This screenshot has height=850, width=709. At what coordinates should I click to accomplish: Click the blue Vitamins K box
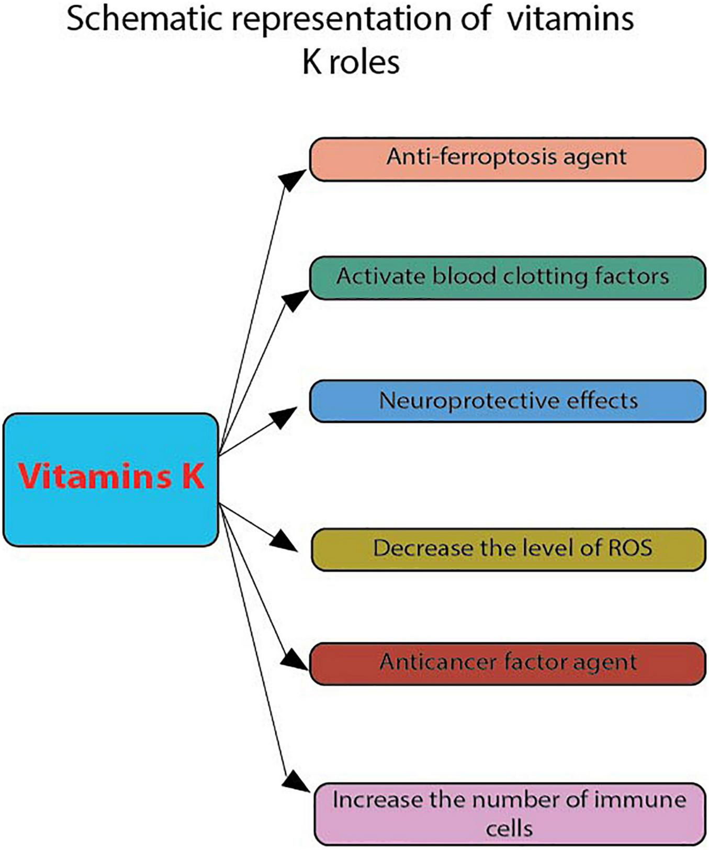tap(110, 479)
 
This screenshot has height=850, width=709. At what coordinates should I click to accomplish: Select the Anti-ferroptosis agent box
tap(507, 159)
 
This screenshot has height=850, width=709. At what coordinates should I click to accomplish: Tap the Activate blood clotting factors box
tap(507, 278)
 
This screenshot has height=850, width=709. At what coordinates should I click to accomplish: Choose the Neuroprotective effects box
tap(507, 401)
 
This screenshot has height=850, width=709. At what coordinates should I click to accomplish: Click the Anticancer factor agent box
tap(507, 663)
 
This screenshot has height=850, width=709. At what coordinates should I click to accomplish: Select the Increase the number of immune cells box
tap(510, 813)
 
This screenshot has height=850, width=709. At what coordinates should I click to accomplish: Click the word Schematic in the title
tap(144, 19)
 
